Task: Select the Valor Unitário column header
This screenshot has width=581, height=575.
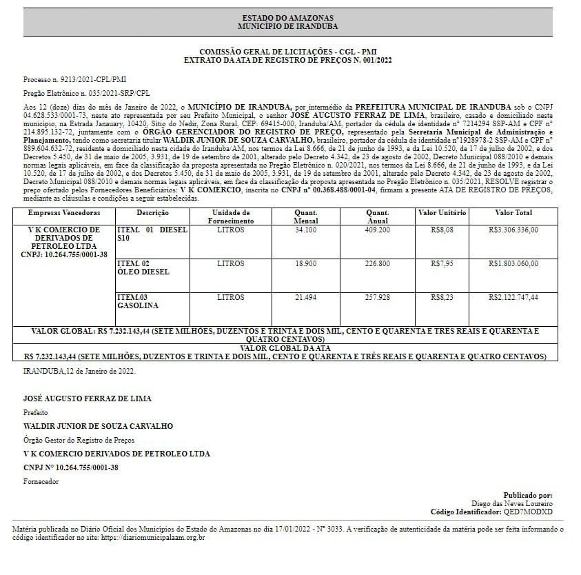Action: point(442,213)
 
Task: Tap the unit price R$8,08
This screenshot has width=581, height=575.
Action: point(442,230)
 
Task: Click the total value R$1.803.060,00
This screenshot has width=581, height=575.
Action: point(513,264)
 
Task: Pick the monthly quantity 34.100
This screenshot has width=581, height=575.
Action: point(305,230)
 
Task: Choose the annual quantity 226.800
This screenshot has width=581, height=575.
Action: point(377,264)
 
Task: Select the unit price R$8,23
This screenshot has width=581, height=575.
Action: point(442,298)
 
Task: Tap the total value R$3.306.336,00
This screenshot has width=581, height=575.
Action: point(513,230)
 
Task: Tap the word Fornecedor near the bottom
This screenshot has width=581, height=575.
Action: point(41,481)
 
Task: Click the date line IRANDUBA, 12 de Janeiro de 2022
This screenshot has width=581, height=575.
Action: point(79,371)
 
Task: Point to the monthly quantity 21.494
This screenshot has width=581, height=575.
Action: point(305,298)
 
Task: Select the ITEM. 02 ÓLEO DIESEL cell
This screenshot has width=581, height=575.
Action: point(143,268)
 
